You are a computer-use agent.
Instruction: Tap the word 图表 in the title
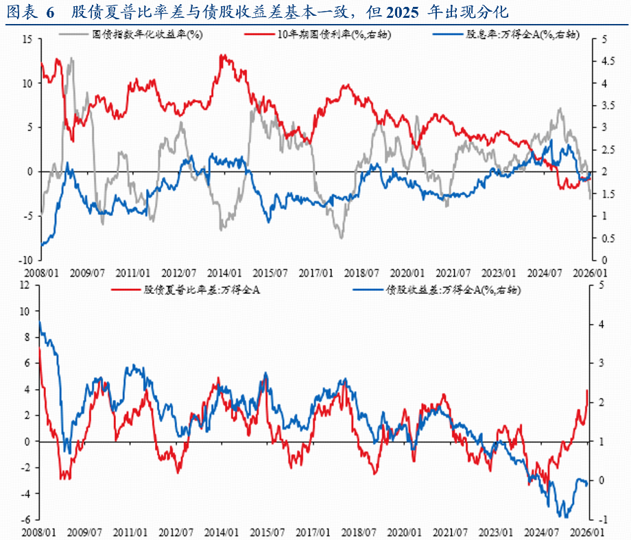point(19,12)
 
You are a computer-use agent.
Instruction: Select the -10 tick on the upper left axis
point(25,261)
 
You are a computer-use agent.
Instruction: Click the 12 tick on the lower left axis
point(26,285)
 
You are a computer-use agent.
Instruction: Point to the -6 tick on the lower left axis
point(27,520)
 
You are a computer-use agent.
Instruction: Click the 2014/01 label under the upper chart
point(226,272)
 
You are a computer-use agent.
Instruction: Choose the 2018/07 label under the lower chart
point(359,532)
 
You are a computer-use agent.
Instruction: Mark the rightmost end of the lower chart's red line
point(587,390)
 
